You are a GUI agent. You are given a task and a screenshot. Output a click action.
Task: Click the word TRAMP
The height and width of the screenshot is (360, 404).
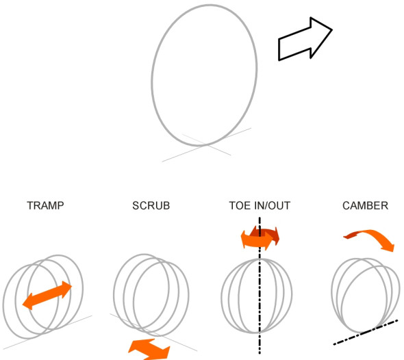pyautogui.click(x=45, y=205)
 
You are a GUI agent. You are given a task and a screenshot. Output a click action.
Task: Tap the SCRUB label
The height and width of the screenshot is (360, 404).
pyautogui.click(x=151, y=205)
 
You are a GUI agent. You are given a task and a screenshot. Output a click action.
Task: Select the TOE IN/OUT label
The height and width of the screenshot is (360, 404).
pyautogui.click(x=260, y=205)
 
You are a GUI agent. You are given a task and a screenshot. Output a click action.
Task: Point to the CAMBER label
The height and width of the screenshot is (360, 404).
pyautogui.click(x=366, y=205)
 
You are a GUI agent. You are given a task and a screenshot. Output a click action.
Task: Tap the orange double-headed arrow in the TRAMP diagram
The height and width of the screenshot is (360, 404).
pyautogui.click(x=47, y=295)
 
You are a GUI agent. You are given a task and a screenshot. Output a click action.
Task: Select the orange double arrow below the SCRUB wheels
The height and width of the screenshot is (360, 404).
pyautogui.click(x=149, y=350)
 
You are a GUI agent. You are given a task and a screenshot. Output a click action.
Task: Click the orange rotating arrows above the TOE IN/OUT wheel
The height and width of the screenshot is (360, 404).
pyautogui.click(x=260, y=237)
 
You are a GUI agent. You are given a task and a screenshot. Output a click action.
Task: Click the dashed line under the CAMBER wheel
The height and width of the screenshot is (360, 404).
pyautogui.click(x=366, y=332)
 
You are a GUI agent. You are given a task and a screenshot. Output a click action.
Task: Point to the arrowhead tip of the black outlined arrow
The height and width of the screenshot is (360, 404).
pyautogui.click(x=332, y=30)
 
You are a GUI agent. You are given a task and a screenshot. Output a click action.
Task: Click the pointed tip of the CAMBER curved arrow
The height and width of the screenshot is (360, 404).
pyautogui.click(x=393, y=251)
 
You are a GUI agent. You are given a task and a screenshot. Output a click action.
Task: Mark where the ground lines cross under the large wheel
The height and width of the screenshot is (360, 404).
pyautogui.click(x=206, y=145)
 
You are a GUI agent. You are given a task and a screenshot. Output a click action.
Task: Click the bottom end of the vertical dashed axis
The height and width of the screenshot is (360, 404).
pyautogui.click(x=260, y=353)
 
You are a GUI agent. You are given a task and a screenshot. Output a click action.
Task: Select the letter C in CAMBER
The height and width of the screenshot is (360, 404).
pyautogui.click(x=346, y=205)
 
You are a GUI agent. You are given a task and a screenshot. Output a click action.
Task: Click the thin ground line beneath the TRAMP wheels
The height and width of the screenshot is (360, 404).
pyautogui.click(x=48, y=332)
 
